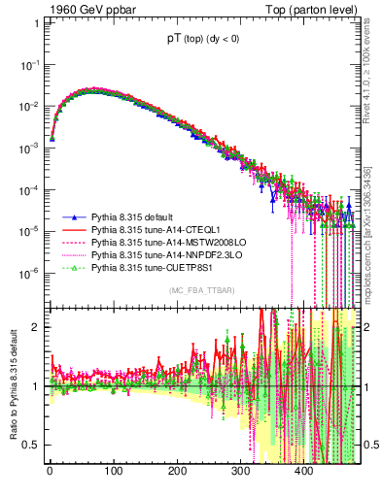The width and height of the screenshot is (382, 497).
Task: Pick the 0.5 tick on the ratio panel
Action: pos(32,445)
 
